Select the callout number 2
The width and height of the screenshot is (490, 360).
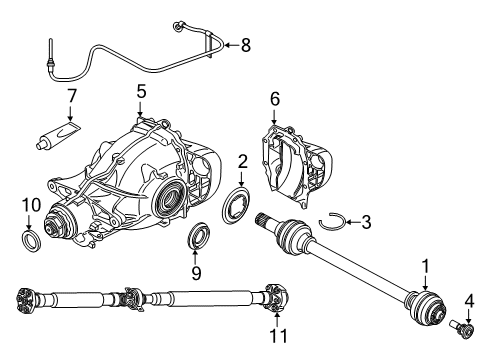tap(243, 160)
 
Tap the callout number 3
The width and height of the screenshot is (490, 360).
tap(367, 221)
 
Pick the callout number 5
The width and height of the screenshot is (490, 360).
tap(141, 92)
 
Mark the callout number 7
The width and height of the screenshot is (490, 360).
tap(70, 99)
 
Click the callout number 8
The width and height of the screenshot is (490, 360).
tap(247, 44)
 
